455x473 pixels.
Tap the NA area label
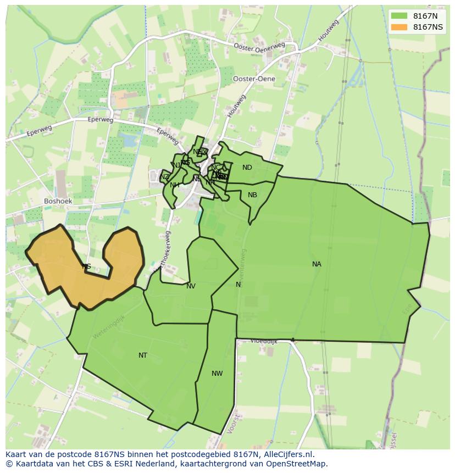317,264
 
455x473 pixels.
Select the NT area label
143,355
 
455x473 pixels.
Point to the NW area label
217,374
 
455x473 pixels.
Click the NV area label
191,286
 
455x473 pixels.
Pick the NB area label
252,195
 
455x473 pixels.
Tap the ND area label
247,168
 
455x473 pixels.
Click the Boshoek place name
58,201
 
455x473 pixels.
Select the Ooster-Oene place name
254,79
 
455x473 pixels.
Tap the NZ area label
165,177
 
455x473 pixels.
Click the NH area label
175,185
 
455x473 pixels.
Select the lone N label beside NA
238,285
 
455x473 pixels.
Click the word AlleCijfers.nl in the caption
288,454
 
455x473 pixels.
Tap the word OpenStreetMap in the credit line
295,463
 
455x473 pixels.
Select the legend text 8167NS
428,27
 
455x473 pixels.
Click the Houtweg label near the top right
328,31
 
